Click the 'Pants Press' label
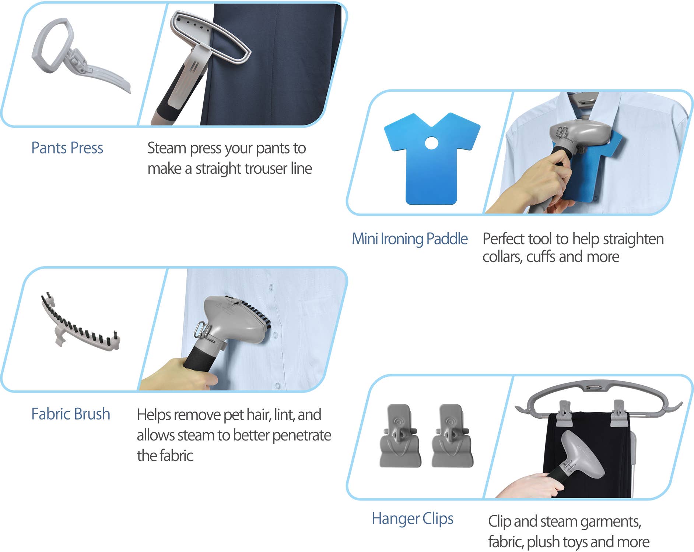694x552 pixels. pos(67,148)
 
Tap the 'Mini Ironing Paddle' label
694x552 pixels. pos(410,239)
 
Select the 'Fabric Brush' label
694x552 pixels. pos(71,414)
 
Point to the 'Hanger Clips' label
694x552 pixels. pos(413,519)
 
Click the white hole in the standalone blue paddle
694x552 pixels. pos(431,143)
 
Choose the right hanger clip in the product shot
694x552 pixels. pos(452,436)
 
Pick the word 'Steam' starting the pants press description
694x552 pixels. pos(167,148)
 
